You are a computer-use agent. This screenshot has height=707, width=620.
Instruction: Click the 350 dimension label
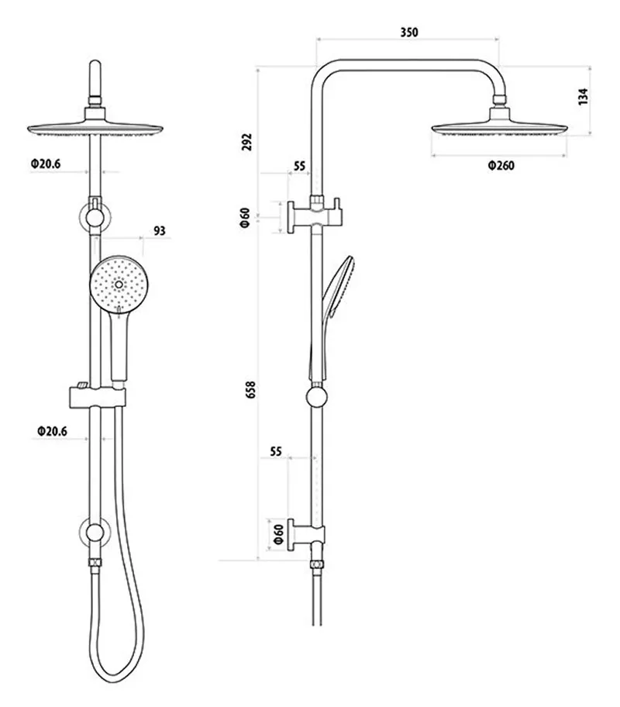coord(408,33)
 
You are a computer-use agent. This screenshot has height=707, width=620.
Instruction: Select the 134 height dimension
coord(584,96)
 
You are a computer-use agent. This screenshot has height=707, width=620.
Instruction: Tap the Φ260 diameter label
coord(501,165)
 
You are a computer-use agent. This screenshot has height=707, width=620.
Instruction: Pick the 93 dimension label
coord(160,231)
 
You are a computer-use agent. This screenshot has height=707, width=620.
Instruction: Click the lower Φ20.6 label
coord(51,429)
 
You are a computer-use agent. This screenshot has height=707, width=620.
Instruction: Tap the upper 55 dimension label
coord(300,166)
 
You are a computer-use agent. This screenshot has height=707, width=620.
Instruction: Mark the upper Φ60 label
coord(244,218)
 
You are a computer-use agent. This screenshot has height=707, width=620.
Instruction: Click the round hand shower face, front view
coord(117,284)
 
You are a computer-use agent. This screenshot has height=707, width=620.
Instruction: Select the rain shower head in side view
coord(500,127)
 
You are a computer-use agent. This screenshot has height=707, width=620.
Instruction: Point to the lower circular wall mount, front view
coord(95,533)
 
